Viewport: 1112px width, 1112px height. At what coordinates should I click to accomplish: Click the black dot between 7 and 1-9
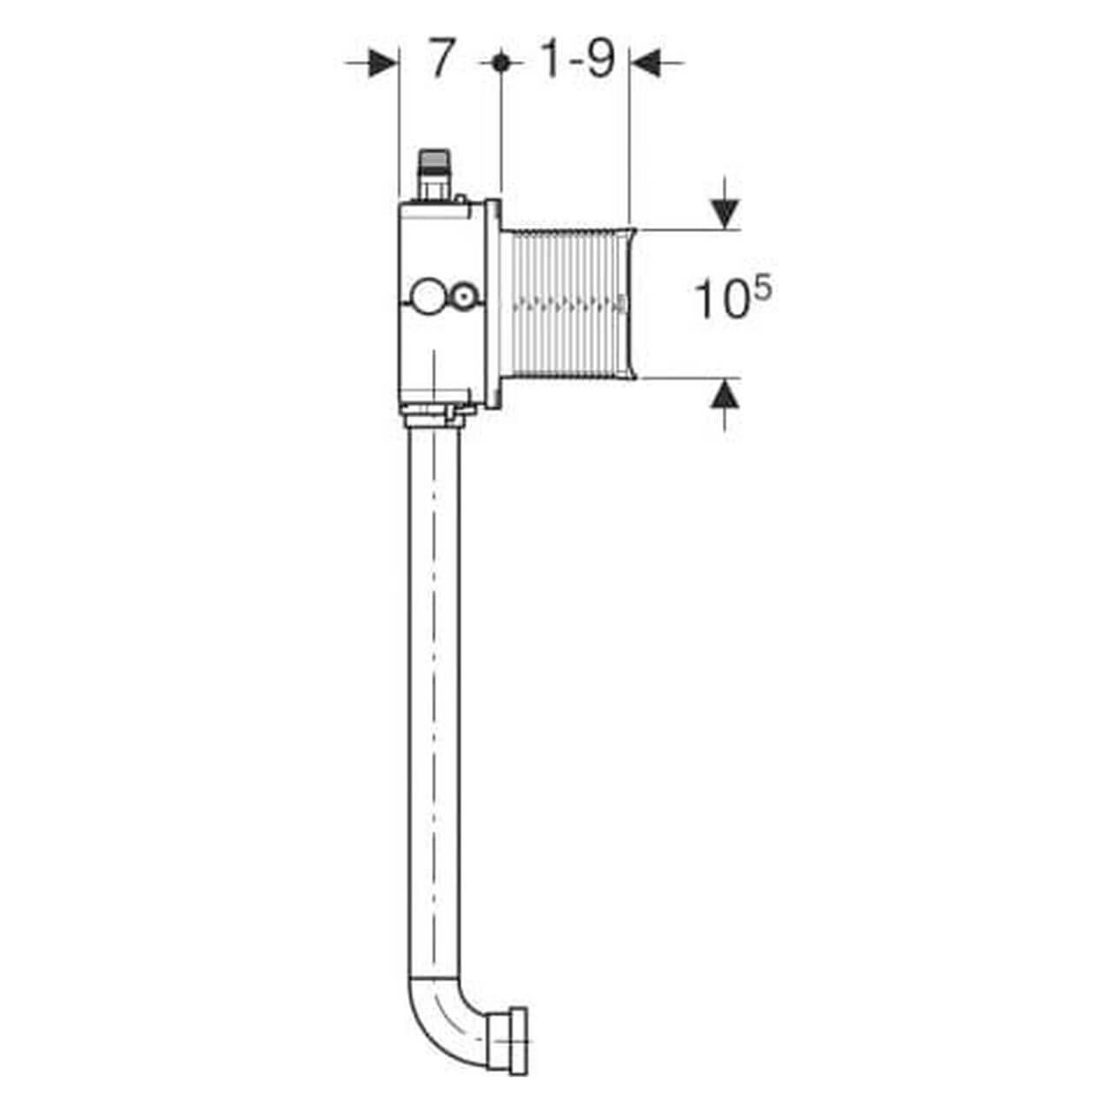point(500,62)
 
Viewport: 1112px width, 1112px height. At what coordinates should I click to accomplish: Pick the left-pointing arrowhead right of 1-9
point(645,63)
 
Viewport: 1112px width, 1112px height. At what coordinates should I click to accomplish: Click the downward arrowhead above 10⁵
point(725,214)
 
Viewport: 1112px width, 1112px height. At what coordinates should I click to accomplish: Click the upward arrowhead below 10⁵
point(725,394)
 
